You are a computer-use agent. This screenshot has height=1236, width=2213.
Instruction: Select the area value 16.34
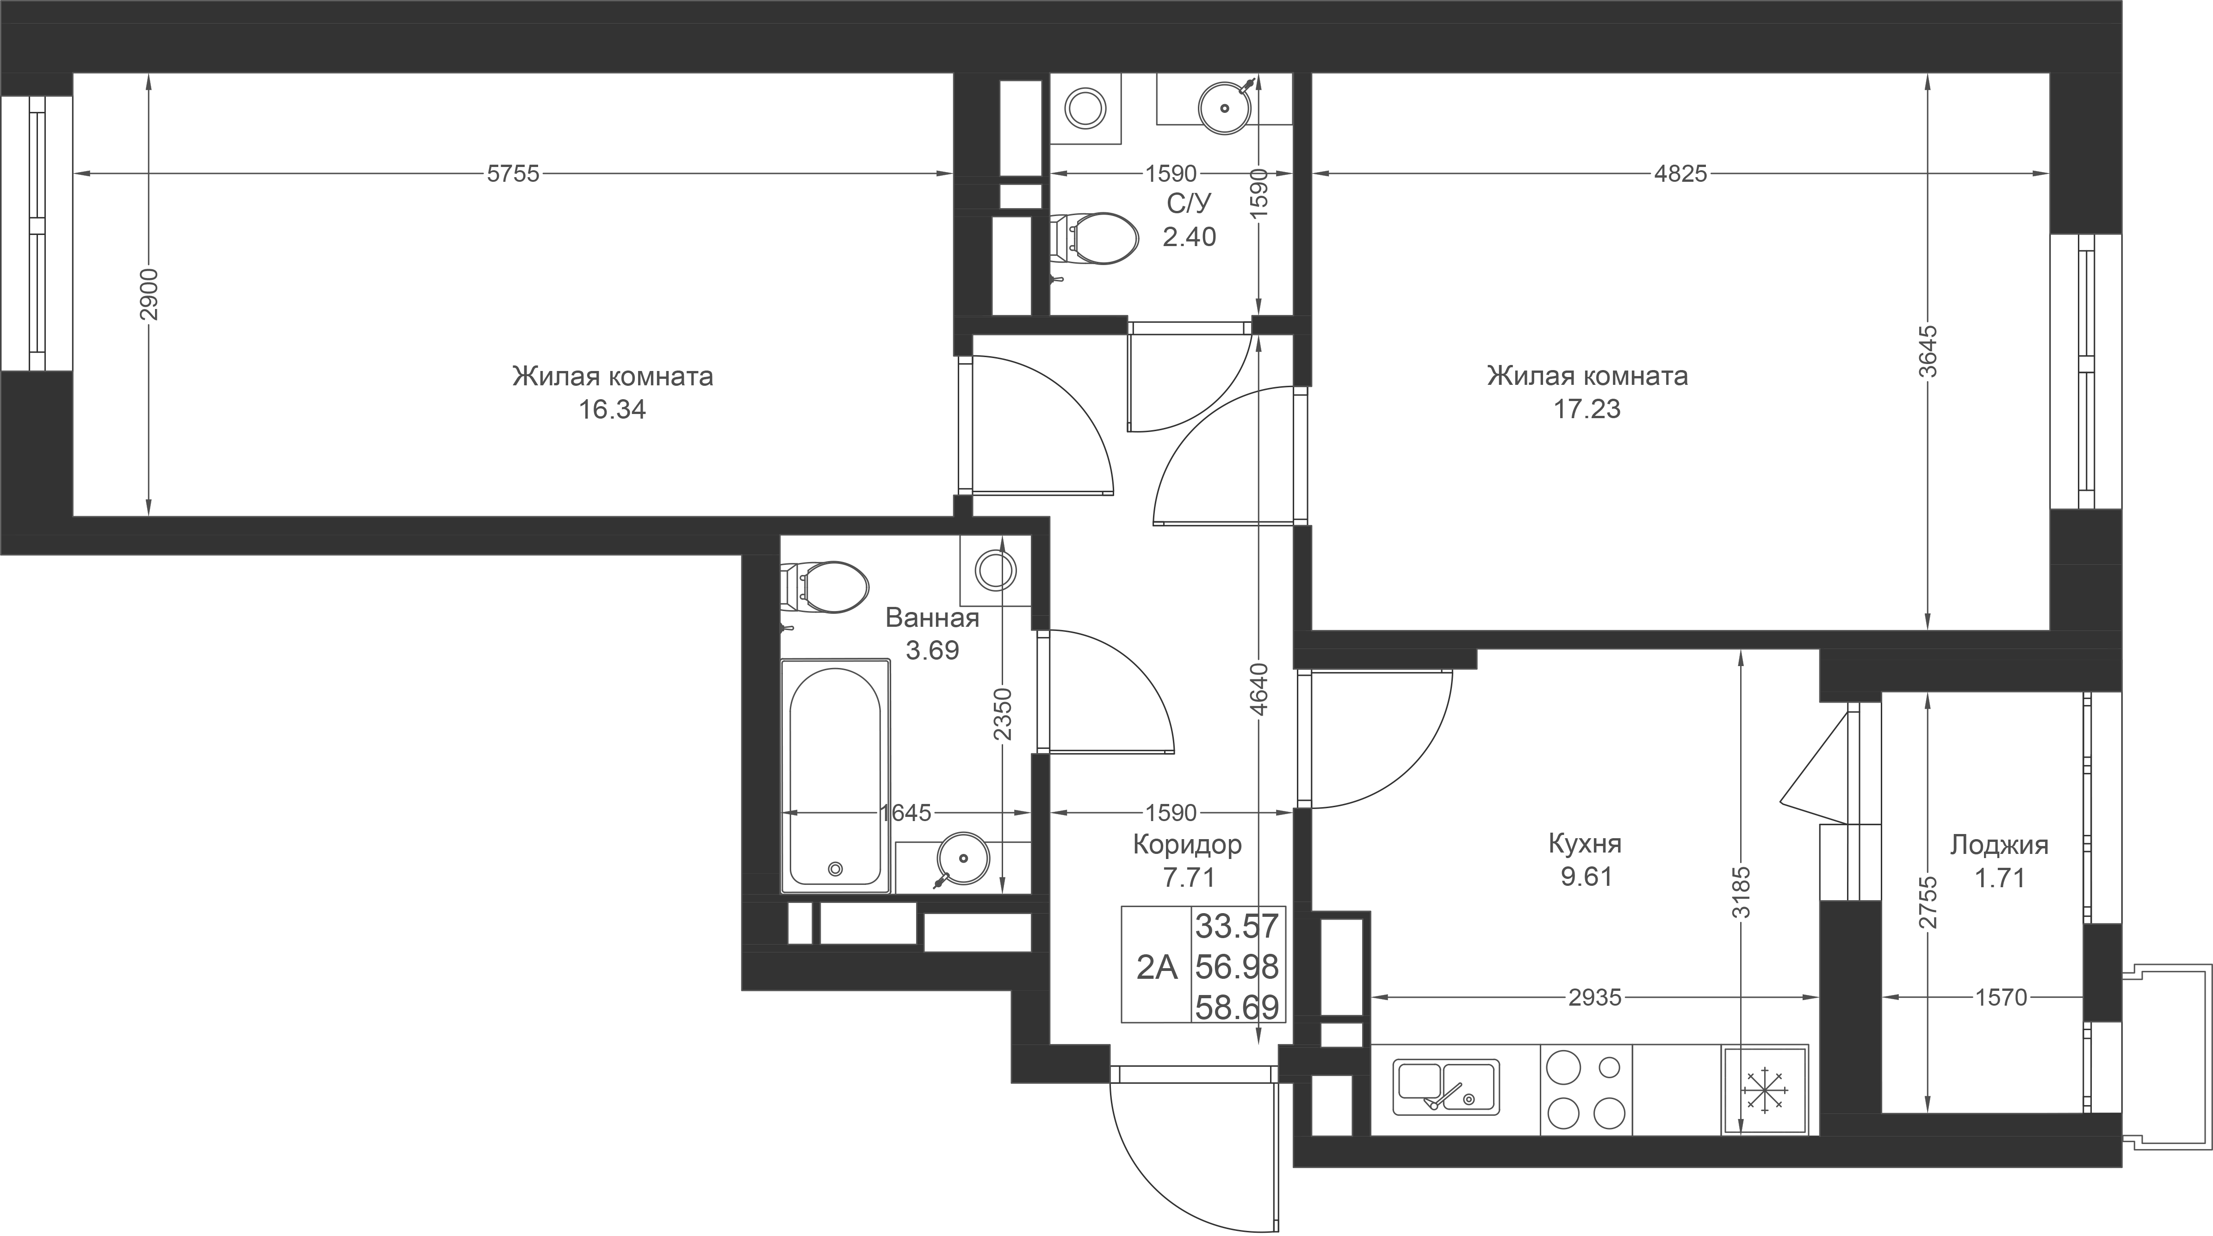pyautogui.click(x=612, y=410)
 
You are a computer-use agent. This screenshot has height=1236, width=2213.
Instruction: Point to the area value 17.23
pyautogui.click(x=1587, y=409)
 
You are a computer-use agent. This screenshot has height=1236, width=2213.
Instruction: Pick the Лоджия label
pyautogui.click(x=1999, y=845)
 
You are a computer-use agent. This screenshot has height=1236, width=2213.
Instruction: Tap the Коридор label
pyautogui.click(x=1187, y=844)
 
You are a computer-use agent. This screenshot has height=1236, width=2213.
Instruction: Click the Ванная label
pyautogui.click(x=932, y=618)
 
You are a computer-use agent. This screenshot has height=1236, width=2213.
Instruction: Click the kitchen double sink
pyautogui.click(x=1446, y=1086)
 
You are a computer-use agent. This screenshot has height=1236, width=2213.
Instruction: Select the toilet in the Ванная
pyautogui.click(x=824, y=587)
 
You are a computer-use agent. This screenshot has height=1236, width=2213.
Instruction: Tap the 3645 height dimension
pyautogui.click(x=1928, y=351)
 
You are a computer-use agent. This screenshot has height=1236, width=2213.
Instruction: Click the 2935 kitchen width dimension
pyautogui.click(x=1594, y=997)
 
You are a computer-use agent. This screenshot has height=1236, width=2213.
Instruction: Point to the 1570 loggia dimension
pyautogui.click(x=2001, y=997)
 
